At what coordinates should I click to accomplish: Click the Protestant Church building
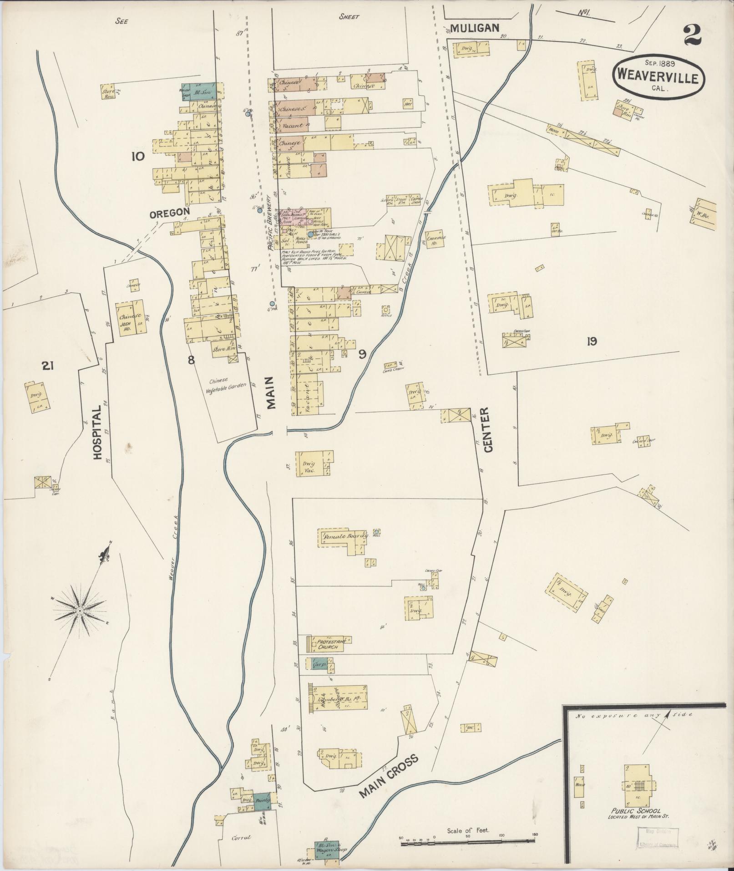pyautogui.click(x=328, y=643)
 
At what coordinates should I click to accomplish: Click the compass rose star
pyautogui.click(x=80, y=610)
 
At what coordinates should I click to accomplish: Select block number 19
pyautogui.click(x=592, y=341)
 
